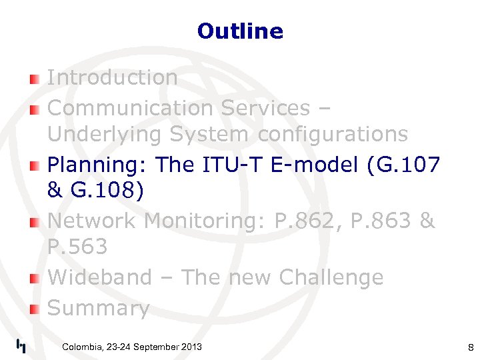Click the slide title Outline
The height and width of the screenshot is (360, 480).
(x=240, y=31)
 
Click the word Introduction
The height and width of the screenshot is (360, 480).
(x=112, y=77)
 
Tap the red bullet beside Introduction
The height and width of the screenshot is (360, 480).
(x=35, y=79)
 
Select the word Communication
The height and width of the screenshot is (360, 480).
(x=125, y=107)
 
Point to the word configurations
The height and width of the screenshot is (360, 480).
(x=332, y=135)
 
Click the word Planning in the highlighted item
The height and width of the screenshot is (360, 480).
(x=99, y=165)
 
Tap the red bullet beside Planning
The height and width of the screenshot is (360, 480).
(x=35, y=166)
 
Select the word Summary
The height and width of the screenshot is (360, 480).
(x=98, y=308)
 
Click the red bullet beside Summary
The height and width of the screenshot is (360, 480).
(x=35, y=309)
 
